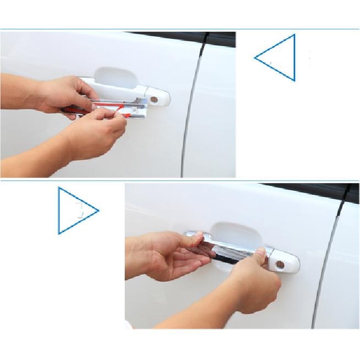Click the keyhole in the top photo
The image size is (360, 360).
click(x=154, y=99)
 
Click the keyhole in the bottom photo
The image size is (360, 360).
click(x=280, y=264)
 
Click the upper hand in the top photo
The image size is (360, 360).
click(x=63, y=96)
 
